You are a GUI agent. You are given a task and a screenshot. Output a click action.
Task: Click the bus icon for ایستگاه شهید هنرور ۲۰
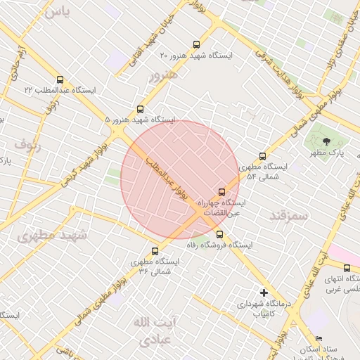tap(195, 43)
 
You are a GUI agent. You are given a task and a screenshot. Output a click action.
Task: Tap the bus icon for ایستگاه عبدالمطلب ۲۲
tap(59, 79)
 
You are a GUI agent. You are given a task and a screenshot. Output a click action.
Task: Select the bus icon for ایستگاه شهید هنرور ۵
tap(140, 109)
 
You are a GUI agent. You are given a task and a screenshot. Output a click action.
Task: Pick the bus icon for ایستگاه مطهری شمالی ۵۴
tap(263, 156)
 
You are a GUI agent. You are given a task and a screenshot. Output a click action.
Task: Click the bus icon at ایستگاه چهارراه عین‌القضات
tap(222, 191)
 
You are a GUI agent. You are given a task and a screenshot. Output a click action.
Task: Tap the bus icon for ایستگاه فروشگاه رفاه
tap(220, 234)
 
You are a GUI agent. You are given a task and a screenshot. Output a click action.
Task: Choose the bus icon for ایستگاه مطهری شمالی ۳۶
tap(155, 250)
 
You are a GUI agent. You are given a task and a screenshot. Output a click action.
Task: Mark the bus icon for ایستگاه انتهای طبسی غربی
tap(347, 267)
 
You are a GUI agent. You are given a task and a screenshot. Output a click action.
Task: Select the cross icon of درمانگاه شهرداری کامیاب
tap(264, 292)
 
